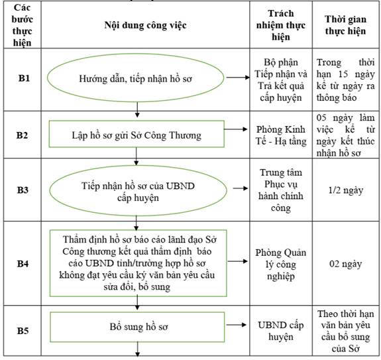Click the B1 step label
pyautogui.click(x=24, y=78)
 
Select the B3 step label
pyautogui.click(x=23, y=190)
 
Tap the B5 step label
pyautogui.click(x=23, y=331)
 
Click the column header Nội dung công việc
pyautogui.click(x=145, y=25)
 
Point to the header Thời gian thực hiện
pyautogui.click(x=345, y=25)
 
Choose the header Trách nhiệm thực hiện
pyautogui.click(x=281, y=25)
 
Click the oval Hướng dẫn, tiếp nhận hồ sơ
pyautogui.click(x=135, y=78)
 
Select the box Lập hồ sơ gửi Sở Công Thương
pyautogui.click(x=136, y=134)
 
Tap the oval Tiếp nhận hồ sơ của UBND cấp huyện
pyautogui.click(x=138, y=190)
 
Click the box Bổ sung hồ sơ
pyautogui.click(x=137, y=327)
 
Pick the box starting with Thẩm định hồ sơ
pyautogui.click(x=138, y=263)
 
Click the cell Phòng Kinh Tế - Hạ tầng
pyautogui.click(x=281, y=135)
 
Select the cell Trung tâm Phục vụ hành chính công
pyautogui.click(x=281, y=190)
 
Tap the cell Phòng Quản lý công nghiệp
pyautogui.click(x=281, y=265)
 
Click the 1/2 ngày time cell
pyautogui.click(x=345, y=190)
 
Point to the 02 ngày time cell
pyautogui.click(x=345, y=264)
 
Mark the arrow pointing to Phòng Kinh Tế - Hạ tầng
pyautogui.click(x=235, y=129)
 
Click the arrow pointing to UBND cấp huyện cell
pyautogui.click(x=236, y=325)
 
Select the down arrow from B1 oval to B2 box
pyautogui.click(x=137, y=109)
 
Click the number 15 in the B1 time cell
pyautogui.click(x=343, y=74)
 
